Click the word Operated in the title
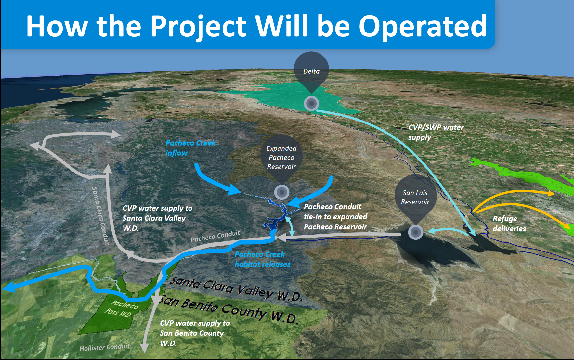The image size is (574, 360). tap(423, 27)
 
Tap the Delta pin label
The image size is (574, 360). tap(311, 71)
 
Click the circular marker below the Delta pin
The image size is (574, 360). tap(311, 104)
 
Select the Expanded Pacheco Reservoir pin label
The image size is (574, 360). tap(281, 158)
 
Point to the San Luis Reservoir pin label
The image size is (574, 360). tap(415, 197)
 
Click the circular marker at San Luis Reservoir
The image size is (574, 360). tap(415, 232)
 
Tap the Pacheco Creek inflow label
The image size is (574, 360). tap(190, 148)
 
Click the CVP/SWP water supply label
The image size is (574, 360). tap(436, 132)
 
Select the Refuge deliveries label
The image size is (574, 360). tap(509, 224)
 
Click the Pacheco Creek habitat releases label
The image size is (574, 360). tap(263, 259)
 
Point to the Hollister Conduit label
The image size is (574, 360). tap(105, 347)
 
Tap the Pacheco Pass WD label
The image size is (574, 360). tap(121, 309)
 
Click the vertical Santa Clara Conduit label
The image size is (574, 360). tap(100, 216)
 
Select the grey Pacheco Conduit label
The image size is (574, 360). tap(215, 236)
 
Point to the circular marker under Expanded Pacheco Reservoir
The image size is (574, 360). tap(282, 192)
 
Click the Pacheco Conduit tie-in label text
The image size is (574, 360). tap(335, 217)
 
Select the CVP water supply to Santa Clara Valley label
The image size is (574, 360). tap(157, 218)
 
